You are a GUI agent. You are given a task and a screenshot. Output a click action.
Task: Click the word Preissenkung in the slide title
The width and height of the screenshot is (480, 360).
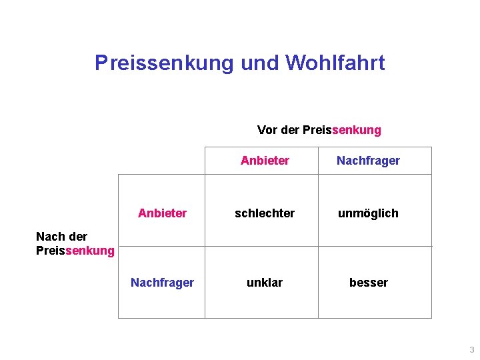164,63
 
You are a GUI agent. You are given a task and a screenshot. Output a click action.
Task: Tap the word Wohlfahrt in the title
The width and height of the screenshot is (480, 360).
335,63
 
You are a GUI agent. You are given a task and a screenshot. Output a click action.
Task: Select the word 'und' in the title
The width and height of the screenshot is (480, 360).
260,63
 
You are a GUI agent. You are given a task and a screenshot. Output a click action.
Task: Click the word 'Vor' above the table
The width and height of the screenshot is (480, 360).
267,130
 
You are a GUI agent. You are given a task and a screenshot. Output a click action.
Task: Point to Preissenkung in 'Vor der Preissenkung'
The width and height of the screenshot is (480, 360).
342,130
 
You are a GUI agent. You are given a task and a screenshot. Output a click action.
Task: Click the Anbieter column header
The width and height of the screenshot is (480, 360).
265,161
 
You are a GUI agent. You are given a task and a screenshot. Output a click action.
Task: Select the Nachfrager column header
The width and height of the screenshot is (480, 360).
368,161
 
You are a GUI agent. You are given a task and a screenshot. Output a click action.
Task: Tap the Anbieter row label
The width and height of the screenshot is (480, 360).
162,213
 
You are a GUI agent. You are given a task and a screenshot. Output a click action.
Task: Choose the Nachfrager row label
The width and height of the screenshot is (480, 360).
162,283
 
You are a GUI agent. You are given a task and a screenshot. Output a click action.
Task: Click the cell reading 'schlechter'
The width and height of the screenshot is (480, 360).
265,213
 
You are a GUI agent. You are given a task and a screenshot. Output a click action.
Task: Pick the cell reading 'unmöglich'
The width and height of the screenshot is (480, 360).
368,213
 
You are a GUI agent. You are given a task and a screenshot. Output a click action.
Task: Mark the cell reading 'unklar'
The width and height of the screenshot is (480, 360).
265,283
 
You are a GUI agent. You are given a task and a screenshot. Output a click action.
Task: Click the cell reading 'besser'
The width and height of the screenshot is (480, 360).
368,283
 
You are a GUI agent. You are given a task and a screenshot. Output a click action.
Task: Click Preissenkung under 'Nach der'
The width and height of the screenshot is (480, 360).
75,251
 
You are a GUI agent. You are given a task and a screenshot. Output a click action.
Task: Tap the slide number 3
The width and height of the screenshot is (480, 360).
472,350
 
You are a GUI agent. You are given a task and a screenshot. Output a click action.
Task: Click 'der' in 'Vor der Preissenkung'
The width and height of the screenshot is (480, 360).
290,130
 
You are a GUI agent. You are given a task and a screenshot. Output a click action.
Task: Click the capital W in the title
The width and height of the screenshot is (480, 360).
295,63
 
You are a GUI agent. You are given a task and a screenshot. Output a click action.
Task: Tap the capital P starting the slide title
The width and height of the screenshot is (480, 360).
101,63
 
